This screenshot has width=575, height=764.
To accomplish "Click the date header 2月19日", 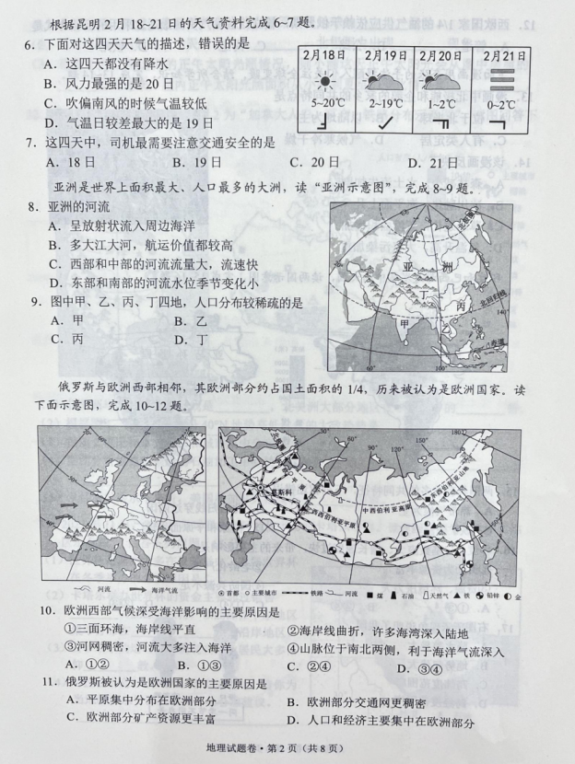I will tap(385, 56).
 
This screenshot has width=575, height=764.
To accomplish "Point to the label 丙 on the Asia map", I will tap(459, 304).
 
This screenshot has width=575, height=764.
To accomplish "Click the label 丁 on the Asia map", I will tap(426, 288).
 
